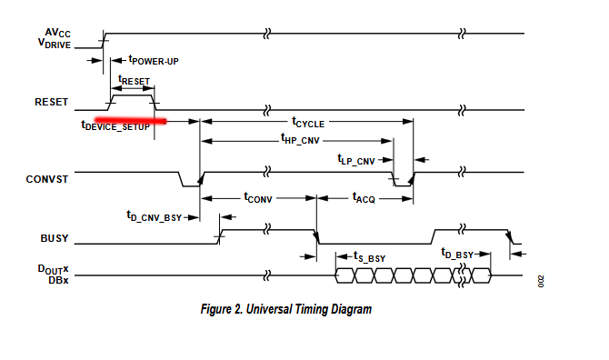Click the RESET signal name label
(x=51, y=102)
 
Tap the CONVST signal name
(x=47, y=179)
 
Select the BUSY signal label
(x=55, y=238)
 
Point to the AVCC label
(x=58, y=33)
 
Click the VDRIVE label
(x=55, y=43)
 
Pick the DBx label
(x=58, y=280)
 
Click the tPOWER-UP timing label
(x=154, y=60)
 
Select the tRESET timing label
(x=134, y=80)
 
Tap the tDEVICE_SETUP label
(x=115, y=125)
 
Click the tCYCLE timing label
(x=308, y=123)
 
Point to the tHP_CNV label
(x=300, y=139)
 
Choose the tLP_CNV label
(x=356, y=160)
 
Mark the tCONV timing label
(x=258, y=197)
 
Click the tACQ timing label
(x=364, y=197)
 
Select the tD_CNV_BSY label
(x=155, y=216)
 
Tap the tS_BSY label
(x=369, y=256)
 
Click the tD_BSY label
(x=457, y=254)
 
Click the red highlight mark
(x=131, y=121)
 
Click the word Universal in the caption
(x=268, y=309)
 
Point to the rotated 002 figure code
(x=541, y=282)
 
